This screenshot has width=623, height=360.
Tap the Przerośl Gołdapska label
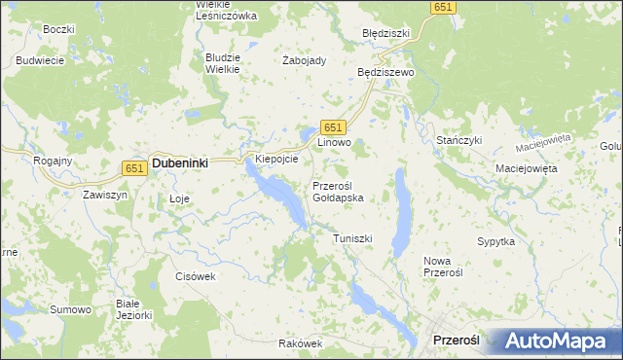(x=338, y=191)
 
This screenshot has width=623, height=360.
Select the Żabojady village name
(x=304, y=60)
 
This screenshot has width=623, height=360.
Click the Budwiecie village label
(x=40, y=60)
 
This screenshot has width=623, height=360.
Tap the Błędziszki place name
(x=386, y=33)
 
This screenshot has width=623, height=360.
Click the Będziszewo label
(x=386, y=72)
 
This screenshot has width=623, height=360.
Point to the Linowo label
(x=334, y=143)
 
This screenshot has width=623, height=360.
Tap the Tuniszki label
(x=352, y=238)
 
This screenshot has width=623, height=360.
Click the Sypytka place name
(x=495, y=240)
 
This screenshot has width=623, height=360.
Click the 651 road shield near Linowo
(x=333, y=127)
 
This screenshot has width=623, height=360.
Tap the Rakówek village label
(x=299, y=343)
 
